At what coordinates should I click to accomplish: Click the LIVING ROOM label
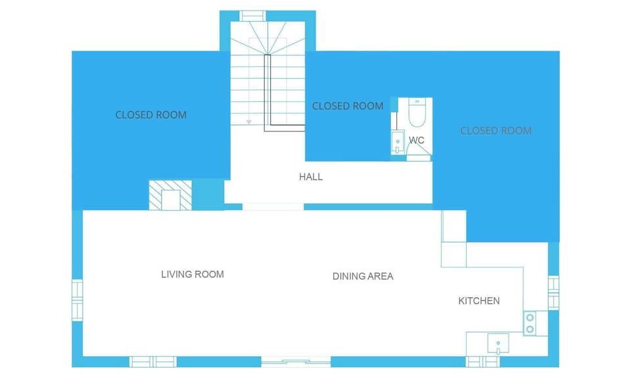[193, 274]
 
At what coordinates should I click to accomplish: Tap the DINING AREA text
[363, 276]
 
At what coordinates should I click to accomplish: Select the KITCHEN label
[479, 301]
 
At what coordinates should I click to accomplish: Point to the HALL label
[311, 177]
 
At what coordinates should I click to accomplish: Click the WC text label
[417, 140]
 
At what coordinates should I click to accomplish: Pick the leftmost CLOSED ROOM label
[151, 115]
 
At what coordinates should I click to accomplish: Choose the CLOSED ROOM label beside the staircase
[348, 106]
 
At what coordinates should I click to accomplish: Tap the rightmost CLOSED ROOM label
[496, 131]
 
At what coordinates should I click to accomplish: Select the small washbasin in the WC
[397, 141]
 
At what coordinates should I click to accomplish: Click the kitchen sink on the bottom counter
[498, 343]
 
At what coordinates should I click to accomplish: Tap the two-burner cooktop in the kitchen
[530, 323]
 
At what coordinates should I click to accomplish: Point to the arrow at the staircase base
[249, 122]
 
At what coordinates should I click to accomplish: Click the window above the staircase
[252, 16]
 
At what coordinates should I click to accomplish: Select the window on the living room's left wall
[78, 300]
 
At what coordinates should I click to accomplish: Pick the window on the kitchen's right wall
[553, 293]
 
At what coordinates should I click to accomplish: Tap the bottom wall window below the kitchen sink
[482, 362]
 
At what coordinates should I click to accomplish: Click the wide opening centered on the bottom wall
[296, 361]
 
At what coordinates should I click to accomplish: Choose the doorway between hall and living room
[273, 207]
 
